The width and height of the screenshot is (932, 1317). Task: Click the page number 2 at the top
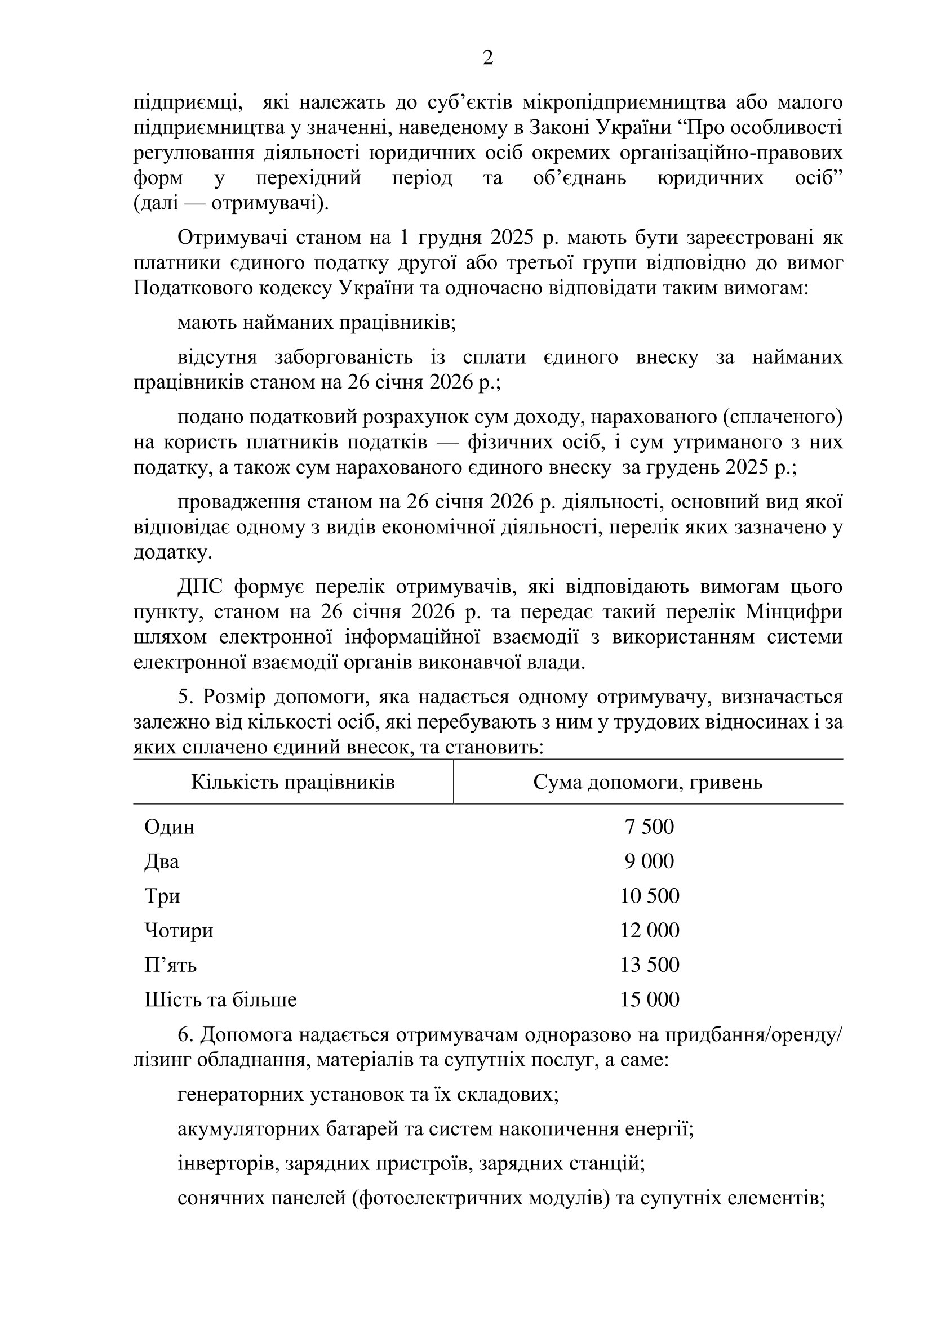point(487,58)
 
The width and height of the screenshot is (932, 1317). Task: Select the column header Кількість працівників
point(292,783)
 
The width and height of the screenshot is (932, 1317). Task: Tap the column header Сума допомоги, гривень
point(647,783)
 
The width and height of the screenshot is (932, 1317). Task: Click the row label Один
point(169,827)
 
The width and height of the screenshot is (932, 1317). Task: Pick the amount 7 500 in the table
point(649,827)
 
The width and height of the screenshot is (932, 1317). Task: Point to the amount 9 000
point(649,861)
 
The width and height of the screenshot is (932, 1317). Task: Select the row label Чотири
point(179,930)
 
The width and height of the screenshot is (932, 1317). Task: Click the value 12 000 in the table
point(649,930)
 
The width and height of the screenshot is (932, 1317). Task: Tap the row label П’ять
point(170,965)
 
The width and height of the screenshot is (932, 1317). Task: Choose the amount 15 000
point(649,999)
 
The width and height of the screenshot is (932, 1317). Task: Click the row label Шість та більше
point(220,999)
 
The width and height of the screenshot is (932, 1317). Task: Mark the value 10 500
point(649,895)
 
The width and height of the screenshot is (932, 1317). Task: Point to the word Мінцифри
point(794,612)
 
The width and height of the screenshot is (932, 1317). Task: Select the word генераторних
point(241,1095)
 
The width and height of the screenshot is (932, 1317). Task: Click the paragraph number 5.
point(184,697)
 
